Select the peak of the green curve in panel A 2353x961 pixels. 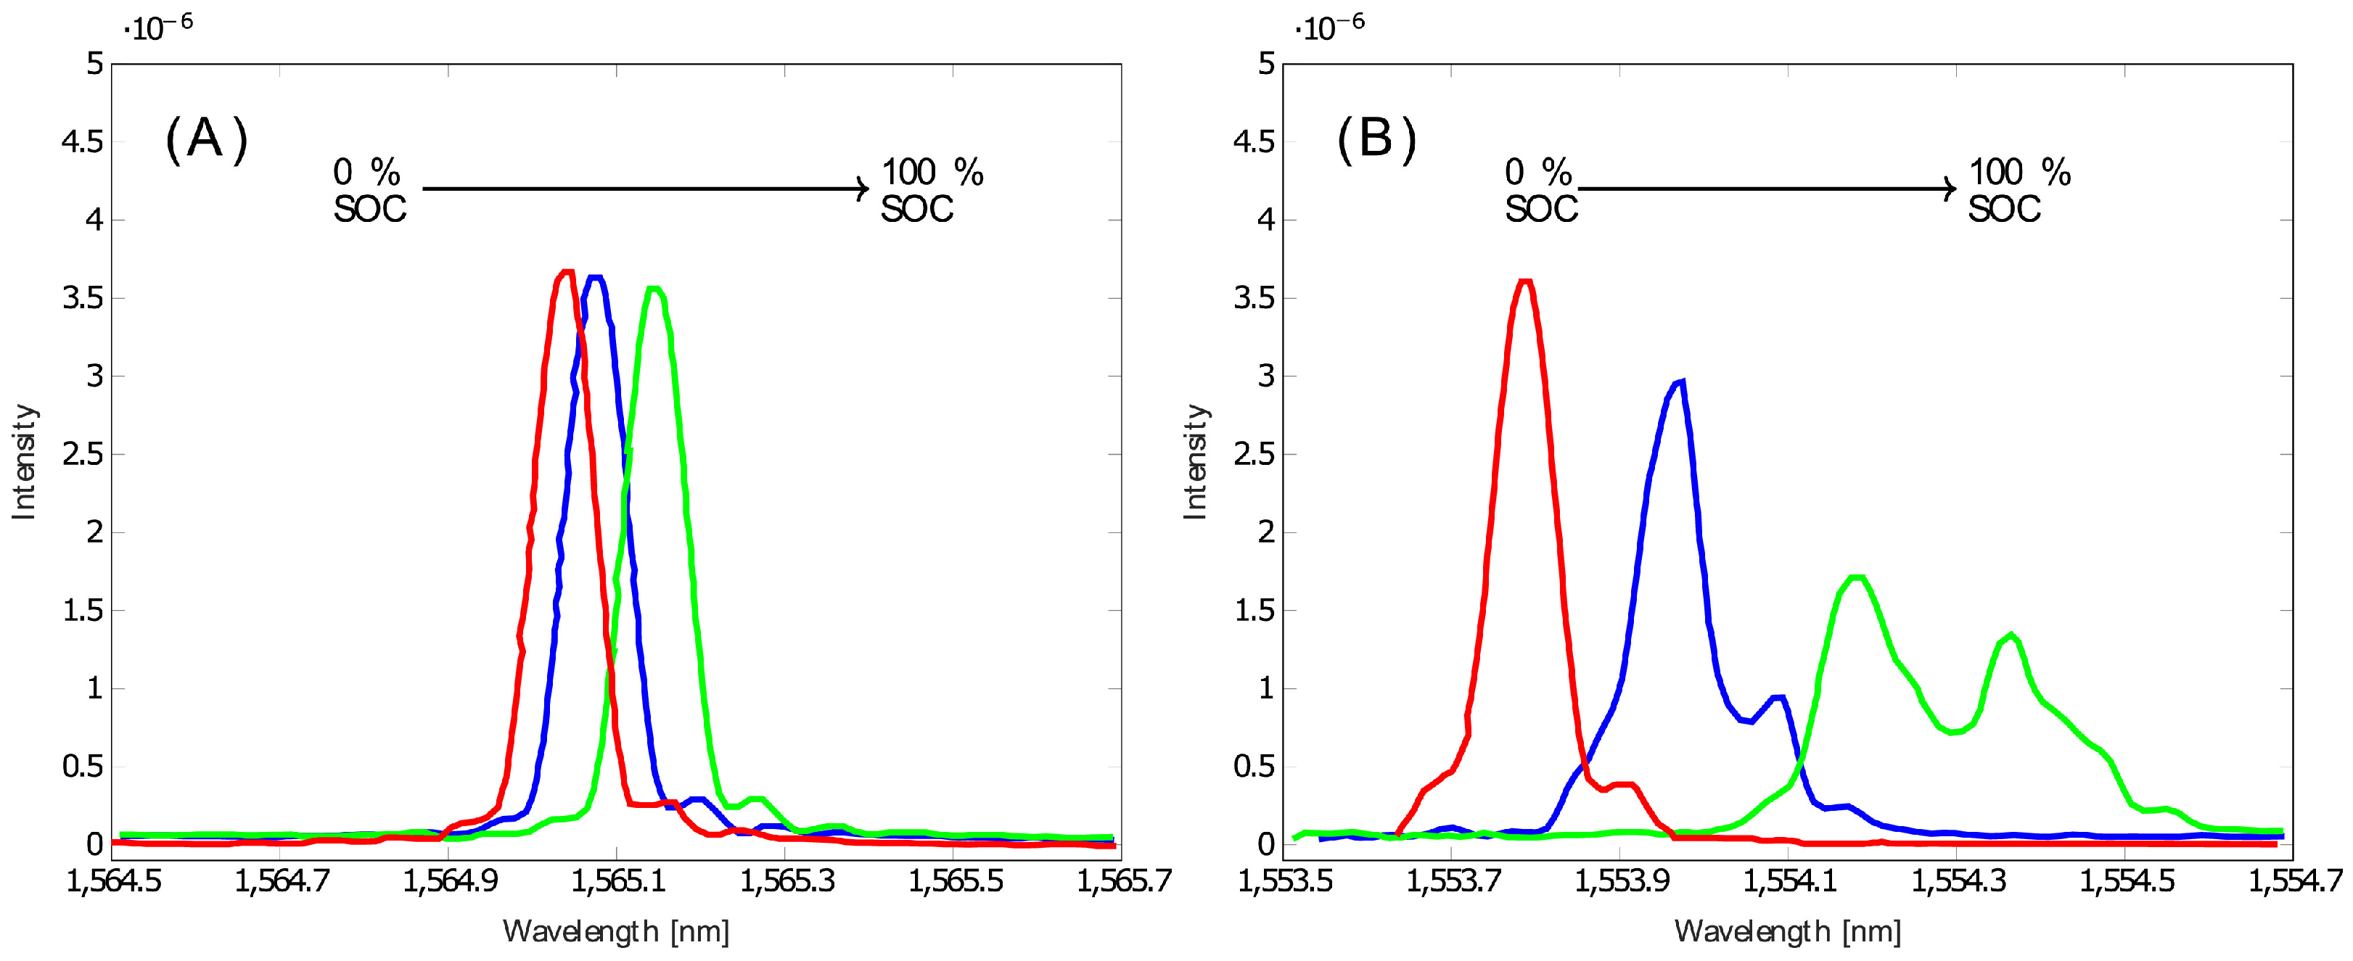[654, 289]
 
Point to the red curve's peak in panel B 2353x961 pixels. [1524, 282]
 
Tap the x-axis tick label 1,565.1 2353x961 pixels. [617, 881]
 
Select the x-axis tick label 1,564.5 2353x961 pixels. [113, 881]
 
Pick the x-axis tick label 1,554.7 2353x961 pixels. [2294, 881]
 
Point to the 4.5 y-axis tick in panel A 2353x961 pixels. [82, 141]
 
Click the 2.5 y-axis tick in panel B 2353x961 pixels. [1253, 454]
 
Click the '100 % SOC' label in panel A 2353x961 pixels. [931, 190]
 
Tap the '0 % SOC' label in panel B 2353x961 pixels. [1540, 190]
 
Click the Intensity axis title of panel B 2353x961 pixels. [1195, 462]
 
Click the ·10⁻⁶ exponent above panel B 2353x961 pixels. [1329, 28]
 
